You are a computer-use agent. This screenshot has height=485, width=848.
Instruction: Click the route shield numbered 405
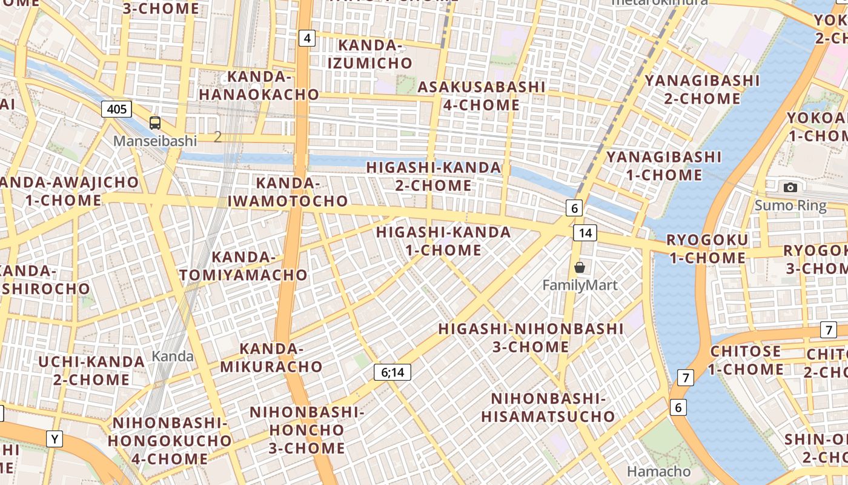coord(116,109)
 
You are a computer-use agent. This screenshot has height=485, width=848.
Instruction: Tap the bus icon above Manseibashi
coord(155,123)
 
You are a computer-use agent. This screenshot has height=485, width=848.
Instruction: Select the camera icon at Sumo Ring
coord(790,188)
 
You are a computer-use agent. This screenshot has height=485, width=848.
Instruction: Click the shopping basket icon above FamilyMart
coord(580,267)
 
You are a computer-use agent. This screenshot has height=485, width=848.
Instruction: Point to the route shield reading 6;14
coord(392,372)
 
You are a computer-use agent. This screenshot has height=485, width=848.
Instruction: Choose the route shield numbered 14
coord(585,233)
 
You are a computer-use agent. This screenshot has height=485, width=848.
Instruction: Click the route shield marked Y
coord(55,438)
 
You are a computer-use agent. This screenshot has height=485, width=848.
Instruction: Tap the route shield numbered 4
coord(307,38)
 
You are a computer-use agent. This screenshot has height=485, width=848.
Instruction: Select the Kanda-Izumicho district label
coord(369,54)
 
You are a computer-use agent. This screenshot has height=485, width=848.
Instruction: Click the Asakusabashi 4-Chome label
coord(482,96)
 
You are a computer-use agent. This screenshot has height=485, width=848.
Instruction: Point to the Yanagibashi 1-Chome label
coord(664,166)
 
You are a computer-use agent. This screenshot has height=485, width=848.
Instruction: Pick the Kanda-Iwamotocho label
coord(288,192)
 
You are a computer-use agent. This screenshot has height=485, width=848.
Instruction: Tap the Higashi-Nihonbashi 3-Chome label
coord(531,338)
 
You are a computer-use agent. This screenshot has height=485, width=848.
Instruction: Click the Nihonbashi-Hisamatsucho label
coord(548,407)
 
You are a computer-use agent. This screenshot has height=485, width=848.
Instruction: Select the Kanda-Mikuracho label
coord(271,358)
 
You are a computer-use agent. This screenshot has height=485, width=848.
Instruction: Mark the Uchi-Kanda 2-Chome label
coord(91,370)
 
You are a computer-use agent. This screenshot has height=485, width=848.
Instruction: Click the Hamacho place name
coord(658,471)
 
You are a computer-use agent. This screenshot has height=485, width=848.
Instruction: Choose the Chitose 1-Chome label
coord(746,360)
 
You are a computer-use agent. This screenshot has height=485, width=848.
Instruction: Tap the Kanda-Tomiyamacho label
coord(243,266)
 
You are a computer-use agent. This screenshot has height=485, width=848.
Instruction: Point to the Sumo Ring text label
coord(790,206)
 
